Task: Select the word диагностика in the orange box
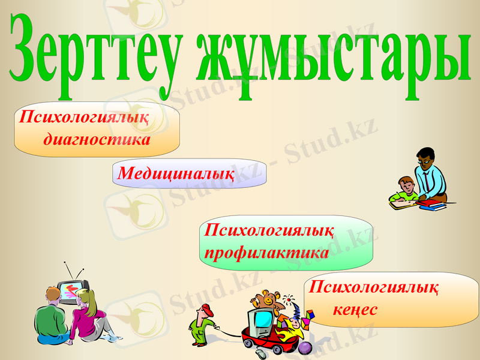coord(97,140)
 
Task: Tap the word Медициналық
coord(176,173)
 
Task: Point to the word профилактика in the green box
coord(266,253)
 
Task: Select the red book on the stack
coord(431,204)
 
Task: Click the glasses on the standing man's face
coord(424,160)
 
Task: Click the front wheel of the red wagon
coord(247,345)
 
